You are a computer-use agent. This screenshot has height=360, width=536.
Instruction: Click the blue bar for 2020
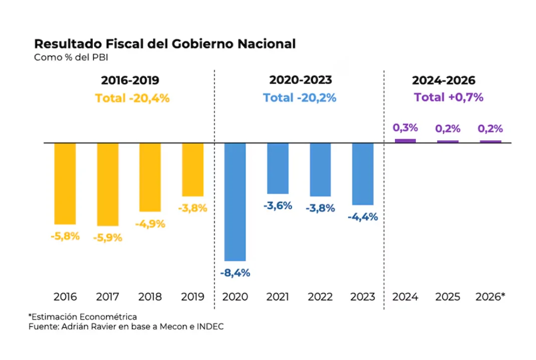coord(235,202)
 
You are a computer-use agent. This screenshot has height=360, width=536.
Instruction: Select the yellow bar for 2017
coord(108,185)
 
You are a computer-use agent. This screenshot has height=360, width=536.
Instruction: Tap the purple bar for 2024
coord(405,141)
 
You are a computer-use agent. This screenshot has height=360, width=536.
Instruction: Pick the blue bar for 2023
coord(363,174)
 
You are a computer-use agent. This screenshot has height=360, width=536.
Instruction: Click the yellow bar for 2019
coord(193,170)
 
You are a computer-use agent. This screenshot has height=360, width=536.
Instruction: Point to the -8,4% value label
coord(235,273)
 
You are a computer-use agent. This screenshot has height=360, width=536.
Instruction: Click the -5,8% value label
coord(65,236)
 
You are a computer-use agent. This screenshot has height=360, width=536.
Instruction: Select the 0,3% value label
coord(405,128)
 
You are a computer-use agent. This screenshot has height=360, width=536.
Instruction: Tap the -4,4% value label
coord(363,217)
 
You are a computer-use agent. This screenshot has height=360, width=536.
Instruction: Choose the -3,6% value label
coord(278,206)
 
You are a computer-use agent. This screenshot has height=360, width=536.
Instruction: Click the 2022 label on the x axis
coord(320,297)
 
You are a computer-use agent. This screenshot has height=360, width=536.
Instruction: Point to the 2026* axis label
coord(490,296)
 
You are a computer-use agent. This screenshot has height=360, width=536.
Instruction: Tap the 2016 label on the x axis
coord(65,297)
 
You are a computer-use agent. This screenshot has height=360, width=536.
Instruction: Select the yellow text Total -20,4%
coord(132,98)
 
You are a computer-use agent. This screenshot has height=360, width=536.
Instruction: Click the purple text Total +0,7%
coord(448,97)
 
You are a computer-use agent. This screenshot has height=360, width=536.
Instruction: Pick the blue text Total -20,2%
coord(300,98)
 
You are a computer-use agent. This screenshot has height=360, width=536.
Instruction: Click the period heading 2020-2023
coord(301,80)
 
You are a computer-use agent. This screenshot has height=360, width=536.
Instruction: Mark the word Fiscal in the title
coord(124,44)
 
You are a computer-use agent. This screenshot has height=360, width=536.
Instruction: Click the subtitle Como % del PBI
coord(71,57)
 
